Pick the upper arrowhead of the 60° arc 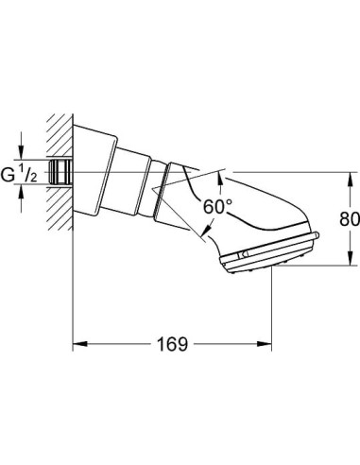click(221, 173)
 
